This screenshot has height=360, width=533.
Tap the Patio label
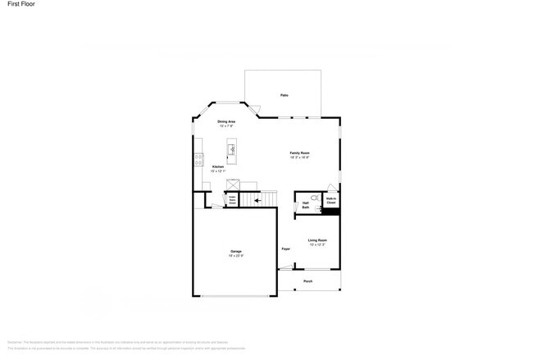[x=284, y=95]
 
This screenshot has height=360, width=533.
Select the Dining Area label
[x=226, y=121]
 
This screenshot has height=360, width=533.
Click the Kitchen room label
[x=217, y=166]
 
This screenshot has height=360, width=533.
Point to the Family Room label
[x=299, y=153]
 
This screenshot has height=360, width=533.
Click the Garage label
[x=235, y=251]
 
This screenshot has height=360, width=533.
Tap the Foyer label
[x=286, y=248]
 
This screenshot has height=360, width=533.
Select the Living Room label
[x=317, y=239]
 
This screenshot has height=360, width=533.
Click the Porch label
[x=308, y=281]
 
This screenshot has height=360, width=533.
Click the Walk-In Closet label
[x=331, y=200]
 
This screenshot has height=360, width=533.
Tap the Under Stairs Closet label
[x=232, y=198]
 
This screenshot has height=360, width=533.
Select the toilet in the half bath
[x=312, y=198]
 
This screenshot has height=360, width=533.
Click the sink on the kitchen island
[x=232, y=149]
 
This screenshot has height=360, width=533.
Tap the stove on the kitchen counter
[x=198, y=160]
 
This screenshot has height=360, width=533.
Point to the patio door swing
[x=255, y=109]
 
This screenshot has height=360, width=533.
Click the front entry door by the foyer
[x=286, y=268]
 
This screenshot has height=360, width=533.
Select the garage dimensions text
[x=235, y=256]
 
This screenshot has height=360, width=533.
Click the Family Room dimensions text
[x=299, y=157]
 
